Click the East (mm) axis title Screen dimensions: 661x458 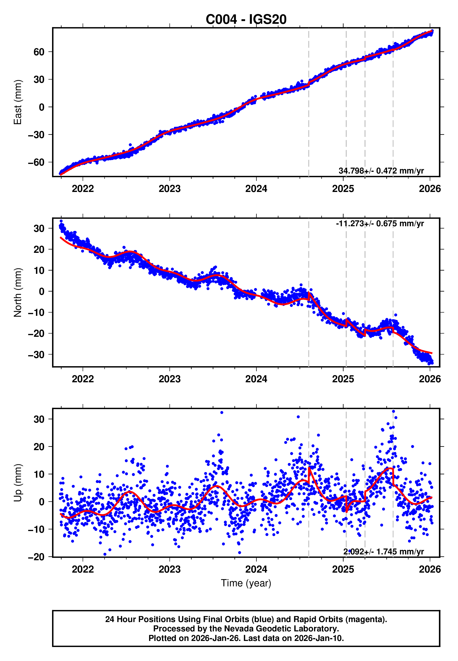click(18, 102)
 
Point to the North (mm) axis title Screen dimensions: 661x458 click(18, 292)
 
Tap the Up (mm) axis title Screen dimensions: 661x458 click(18, 483)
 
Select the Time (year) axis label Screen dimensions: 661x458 click(246, 583)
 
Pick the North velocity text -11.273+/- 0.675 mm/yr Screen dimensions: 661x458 click(380, 224)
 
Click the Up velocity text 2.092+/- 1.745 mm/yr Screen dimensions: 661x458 click(383, 552)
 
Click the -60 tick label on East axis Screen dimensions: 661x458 click(36, 162)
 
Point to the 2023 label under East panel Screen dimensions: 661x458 click(170, 189)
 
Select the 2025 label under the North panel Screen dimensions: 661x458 click(343, 379)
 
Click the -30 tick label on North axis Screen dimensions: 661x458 click(36, 355)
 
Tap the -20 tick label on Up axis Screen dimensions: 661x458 click(36, 557)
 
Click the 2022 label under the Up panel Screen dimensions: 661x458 click(83, 569)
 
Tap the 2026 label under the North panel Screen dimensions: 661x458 click(430, 379)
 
